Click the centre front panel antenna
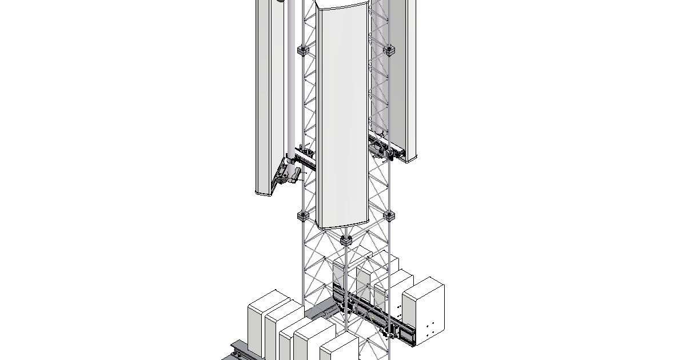tap(342, 114)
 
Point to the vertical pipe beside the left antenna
tap(292, 86)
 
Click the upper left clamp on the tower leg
tap(303, 50)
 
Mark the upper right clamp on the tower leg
tap(389, 50)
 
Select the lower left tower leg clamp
tap(303, 216)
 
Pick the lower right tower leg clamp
tap(389, 216)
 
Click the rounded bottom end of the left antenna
tap(265, 192)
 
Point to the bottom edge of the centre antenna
tap(342, 226)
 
